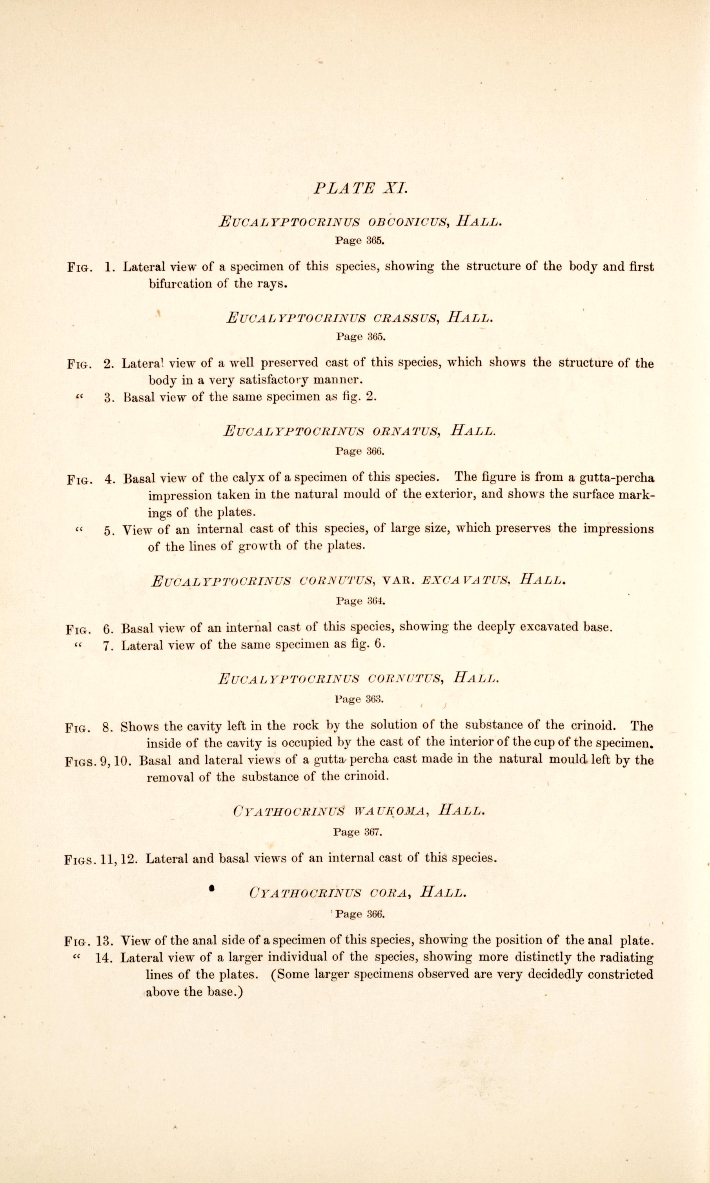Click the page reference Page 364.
(360, 601)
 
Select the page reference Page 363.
(359, 699)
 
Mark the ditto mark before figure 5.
(79, 529)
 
